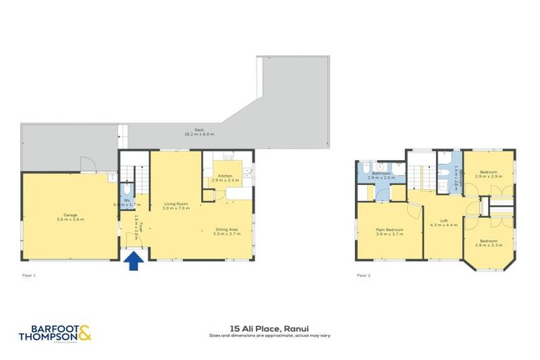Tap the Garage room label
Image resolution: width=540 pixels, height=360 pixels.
pyautogui.click(x=69, y=217)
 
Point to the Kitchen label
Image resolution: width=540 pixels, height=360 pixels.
pyautogui.click(x=225, y=178)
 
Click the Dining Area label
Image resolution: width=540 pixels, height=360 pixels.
pyautogui.click(x=226, y=231)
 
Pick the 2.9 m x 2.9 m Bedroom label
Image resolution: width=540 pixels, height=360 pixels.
pyautogui.click(x=489, y=174)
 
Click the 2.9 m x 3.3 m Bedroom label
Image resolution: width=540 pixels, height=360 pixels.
pyautogui.click(x=489, y=243)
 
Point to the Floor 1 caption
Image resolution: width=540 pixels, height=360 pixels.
pyautogui.click(x=29, y=275)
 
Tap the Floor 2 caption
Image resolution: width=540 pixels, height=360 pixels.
pyautogui.click(x=364, y=275)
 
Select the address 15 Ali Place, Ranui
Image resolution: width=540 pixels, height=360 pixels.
pyautogui.click(x=269, y=327)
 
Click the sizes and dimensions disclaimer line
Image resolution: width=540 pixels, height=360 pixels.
pyautogui.click(x=269, y=335)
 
